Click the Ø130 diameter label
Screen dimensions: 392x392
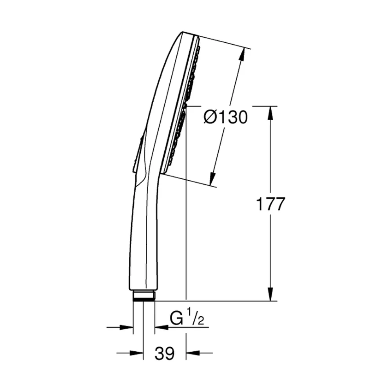[x=225, y=117]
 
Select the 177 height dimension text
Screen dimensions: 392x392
[x=271, y=204]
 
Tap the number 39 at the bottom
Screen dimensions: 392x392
[x=164, y=354]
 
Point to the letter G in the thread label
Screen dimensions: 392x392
[x=176, y=318]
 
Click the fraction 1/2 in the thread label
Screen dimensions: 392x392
[x=196, y=317]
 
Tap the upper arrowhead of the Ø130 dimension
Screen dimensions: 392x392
[x=241, y=54]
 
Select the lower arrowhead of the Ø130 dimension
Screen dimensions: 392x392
[x=212, y=178]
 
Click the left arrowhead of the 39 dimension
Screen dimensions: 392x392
[x=136, y=353]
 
